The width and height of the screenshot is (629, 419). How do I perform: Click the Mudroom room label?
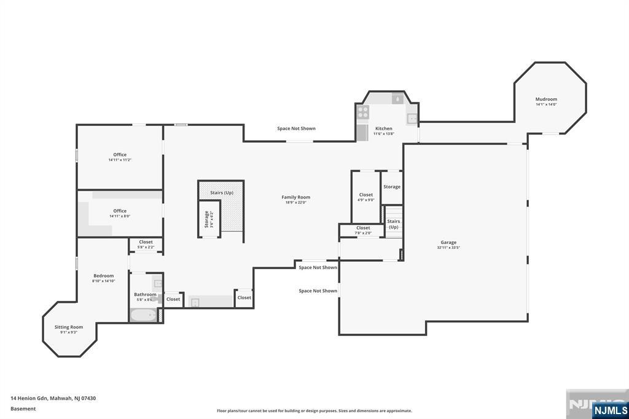(x=545, y=99)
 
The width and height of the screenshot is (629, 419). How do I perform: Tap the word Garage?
(x=448, y=242)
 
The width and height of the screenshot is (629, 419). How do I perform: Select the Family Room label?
(x=295, y=197)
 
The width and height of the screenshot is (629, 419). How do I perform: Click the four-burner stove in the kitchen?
(x=363, y=112)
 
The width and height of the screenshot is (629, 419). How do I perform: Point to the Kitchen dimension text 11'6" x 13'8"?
(x=384, y=134)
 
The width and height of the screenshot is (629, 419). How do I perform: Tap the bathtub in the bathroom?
(x=143, y=315)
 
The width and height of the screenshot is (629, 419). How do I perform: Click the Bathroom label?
(x=145, y=294)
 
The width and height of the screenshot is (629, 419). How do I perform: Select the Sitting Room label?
(x=68, y=327)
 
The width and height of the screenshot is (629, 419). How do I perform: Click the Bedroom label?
(x=103, y=276)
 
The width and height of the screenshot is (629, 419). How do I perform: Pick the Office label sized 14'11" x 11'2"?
(x=120, y=155)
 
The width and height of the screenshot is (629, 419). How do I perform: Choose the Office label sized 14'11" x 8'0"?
(x=120, y=211)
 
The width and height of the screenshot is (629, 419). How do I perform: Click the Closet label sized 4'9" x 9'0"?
(x=366, y=195)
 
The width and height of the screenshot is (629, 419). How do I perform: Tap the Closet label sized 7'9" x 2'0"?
(x=363, y=228)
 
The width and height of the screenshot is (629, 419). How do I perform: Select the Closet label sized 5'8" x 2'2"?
(x=146, y=242)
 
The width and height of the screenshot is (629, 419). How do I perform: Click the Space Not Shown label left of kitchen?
(x=296, y=128)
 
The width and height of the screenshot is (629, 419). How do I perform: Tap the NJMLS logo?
(x=609, y=410)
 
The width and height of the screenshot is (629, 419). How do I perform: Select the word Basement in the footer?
(x=23, y=409)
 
